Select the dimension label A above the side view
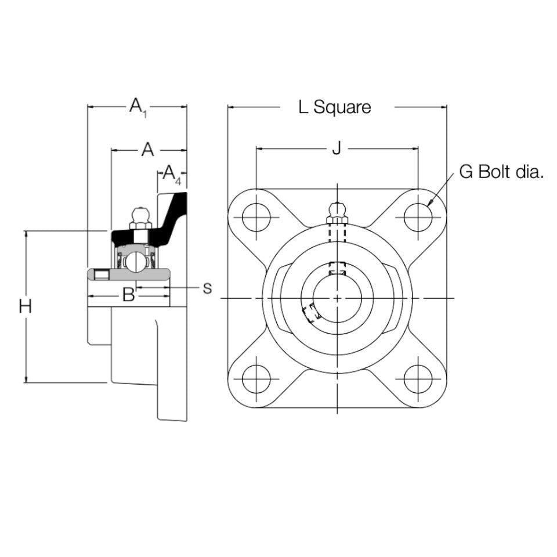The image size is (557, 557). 148,150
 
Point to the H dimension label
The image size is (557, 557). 25,306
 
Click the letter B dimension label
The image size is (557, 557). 128,295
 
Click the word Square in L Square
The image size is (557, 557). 342,107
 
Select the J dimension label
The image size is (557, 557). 336,149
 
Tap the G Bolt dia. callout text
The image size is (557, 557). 501,172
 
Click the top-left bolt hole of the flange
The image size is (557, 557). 256,218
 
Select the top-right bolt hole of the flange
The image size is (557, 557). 418,218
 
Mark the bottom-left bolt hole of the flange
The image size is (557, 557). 256,380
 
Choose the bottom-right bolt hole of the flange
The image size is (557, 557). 418,380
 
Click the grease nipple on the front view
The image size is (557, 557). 337,213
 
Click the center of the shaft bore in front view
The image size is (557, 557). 338,298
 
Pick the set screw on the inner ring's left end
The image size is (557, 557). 102,274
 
